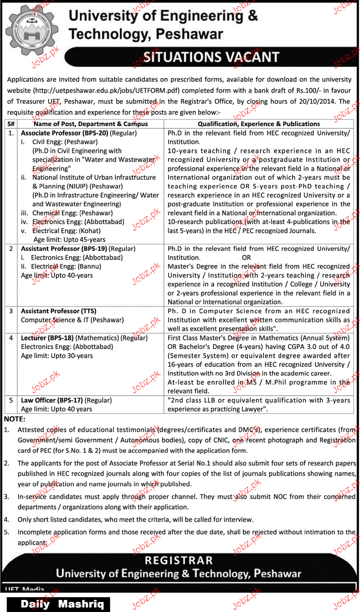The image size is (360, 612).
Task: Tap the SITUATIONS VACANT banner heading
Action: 211,57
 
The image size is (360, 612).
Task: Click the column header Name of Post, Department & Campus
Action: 91,124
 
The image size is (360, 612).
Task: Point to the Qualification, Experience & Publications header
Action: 259,124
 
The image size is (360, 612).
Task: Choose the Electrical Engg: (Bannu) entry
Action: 66,267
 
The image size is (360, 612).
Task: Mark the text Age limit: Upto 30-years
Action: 57,356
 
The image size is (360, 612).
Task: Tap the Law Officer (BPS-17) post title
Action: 51,400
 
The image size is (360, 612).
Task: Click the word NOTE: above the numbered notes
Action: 15,419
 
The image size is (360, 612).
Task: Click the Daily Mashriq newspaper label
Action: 62,604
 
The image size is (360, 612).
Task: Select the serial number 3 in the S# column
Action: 11,311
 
